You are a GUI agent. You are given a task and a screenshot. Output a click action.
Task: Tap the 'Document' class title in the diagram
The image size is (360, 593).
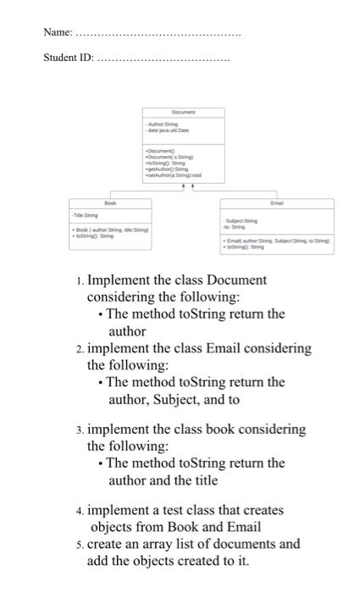click(x=183, y=112)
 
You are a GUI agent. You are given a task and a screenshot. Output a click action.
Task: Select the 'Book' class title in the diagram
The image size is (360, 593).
click(x=109, y=203)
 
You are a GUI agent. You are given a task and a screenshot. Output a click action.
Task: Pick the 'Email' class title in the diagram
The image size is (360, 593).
click(x=276, y=203)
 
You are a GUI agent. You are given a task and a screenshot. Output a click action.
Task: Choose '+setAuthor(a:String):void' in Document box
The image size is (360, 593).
click(x=173, y=175)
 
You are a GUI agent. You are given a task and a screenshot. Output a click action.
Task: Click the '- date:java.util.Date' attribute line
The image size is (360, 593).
click(x=169, y=131)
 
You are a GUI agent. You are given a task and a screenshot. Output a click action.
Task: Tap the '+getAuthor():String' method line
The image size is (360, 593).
click(x=169, y=169)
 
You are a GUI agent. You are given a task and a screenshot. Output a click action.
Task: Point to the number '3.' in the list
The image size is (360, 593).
click(x=79, y=430)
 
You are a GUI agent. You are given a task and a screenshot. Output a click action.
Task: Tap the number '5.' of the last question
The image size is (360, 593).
click(x=79, y=544)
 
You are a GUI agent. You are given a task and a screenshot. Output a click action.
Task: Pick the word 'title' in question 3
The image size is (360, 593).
click(x=202, y=480)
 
